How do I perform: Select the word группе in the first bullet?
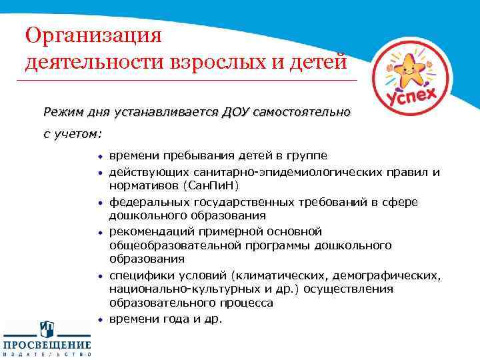click(306, 156)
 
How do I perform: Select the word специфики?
click(136, 275)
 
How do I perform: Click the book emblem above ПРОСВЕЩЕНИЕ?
click(47, 328)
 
